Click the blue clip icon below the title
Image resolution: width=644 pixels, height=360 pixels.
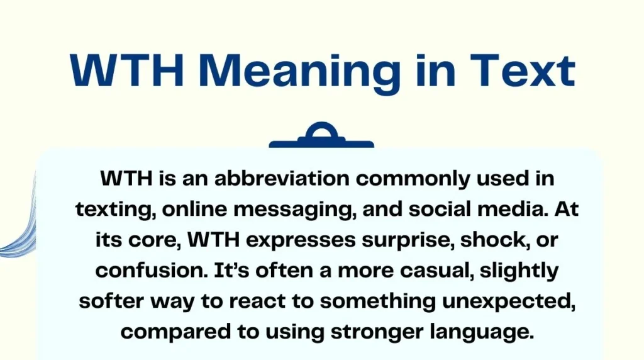click(321, 137)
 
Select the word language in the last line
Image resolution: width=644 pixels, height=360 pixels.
click(480, 332)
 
